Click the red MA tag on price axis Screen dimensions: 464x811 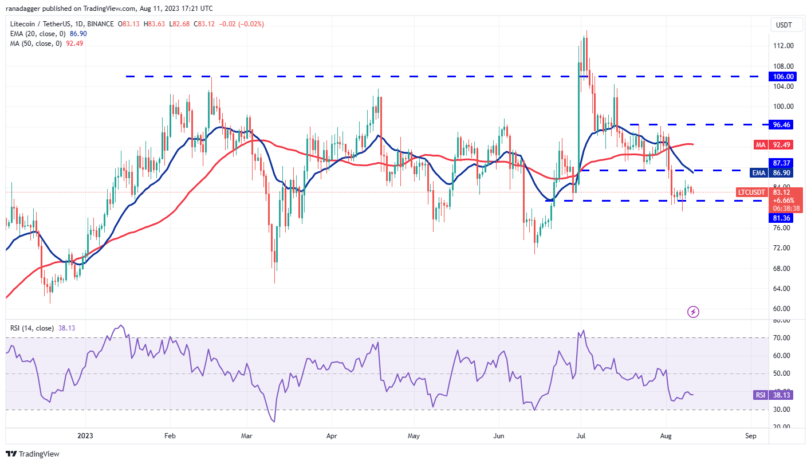tap(759, 145)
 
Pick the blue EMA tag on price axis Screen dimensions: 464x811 tap(758, 172)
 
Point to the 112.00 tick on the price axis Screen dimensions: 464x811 tap(783, 46)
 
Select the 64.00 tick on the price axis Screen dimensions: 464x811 tap(783, 288)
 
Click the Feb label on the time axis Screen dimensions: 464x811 tap(170, 435)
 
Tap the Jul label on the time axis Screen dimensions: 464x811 tap(580, 435)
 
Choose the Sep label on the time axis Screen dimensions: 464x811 tap(751, 435)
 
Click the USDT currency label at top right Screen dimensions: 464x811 tap(783, 25)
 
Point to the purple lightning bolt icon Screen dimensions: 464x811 tap(693, 312)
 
